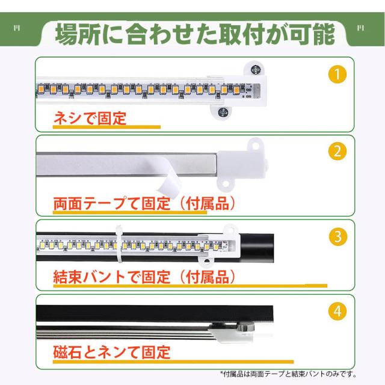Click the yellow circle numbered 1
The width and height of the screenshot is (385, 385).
click(x=337, y=74)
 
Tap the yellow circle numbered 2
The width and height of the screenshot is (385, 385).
click(x=337, y=151)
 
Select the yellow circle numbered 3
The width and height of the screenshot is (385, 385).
click(x=338, y=236)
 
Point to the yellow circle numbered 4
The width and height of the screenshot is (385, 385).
click(x=337, y=312)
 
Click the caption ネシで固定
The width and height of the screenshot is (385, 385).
click(x=90, y=118)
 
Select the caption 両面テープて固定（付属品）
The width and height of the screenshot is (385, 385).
click(x=144, y=203)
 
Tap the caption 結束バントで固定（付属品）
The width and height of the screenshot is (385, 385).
click(x=144, y=277)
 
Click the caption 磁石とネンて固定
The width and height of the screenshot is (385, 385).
click(x=112, y=352)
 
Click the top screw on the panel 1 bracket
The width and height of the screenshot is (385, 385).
click(x=256, y=70)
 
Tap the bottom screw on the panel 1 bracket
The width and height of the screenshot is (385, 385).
click(x=223, y=112)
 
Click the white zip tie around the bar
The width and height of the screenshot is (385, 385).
click(x=119, y=244)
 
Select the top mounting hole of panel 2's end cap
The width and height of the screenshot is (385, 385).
click(x=256, y=147)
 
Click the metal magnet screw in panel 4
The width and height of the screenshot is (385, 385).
click(x=245, y=327)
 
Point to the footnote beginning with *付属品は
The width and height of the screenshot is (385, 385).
click(x=288, y=374)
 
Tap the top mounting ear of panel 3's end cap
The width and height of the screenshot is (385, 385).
click(x=231, y=229)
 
